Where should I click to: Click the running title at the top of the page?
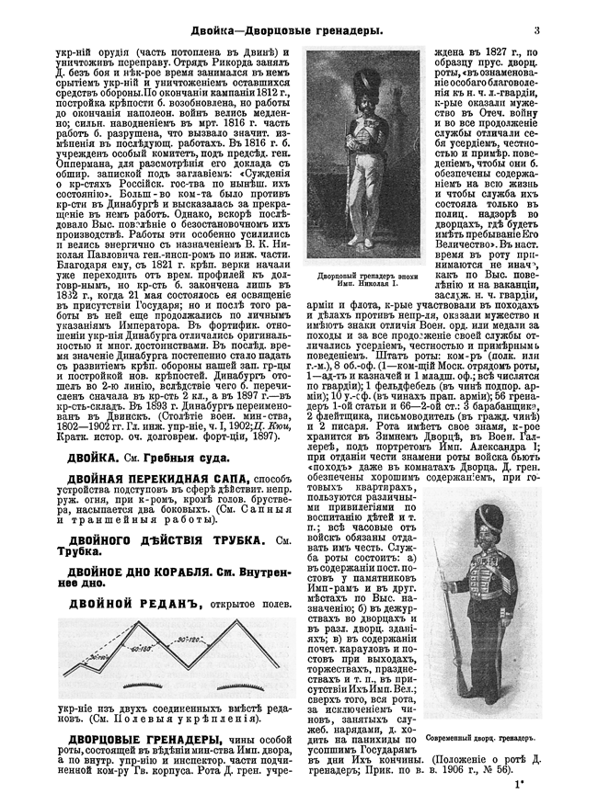[x=292, y=33]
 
